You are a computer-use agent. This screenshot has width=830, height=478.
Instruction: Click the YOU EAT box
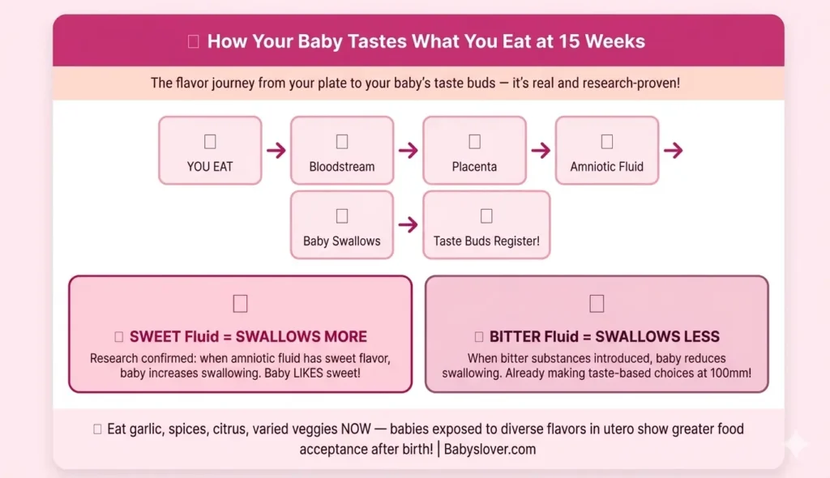210,150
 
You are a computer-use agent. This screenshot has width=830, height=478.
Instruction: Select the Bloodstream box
342,150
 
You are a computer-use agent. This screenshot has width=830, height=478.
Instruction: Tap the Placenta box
474,150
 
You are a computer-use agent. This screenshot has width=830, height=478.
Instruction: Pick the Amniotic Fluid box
606,150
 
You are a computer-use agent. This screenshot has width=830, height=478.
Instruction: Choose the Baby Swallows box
342,224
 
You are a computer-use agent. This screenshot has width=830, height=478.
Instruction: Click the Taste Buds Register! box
486,224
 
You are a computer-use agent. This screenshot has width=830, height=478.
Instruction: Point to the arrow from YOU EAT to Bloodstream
276,151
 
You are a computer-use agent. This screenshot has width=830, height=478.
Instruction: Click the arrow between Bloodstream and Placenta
409,151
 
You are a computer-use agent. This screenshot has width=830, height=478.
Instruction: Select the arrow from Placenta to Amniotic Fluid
541,151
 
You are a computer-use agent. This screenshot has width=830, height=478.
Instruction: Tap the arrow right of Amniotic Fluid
673,151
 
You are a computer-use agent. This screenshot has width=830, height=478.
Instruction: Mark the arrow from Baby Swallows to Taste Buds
409,225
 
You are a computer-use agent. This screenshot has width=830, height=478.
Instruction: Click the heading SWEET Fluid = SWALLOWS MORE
248,337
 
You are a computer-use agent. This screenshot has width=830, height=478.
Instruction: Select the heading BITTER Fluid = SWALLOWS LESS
605,337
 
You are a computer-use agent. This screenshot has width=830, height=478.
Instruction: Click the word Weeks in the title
615,41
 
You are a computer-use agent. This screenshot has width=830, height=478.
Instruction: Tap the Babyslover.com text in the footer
491,449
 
